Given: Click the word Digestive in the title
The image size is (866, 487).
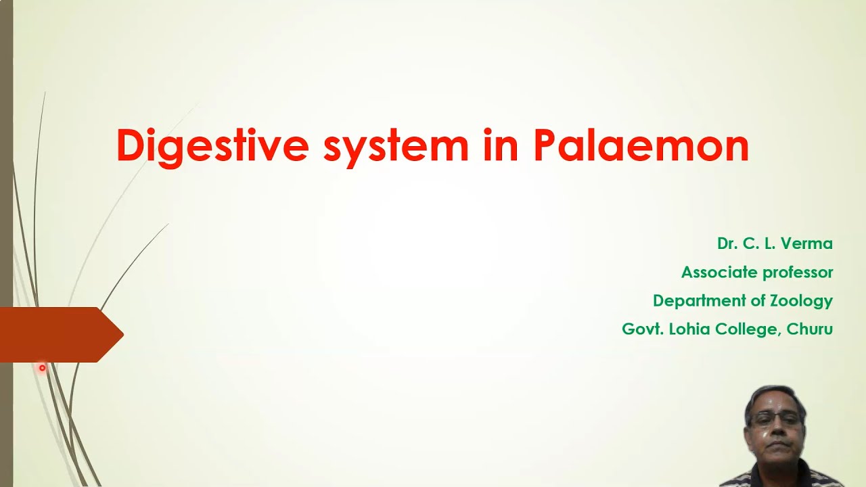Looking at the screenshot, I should tap(212, 146).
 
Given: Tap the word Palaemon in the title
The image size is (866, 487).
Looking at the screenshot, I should tap(641, 146).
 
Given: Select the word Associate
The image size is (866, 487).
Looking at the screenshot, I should tap(718, 272).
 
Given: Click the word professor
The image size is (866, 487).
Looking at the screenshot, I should tap(797, 273).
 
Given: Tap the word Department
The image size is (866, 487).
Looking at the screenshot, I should tap(700, 300).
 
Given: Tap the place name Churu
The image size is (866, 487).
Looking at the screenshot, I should tap(810, 329).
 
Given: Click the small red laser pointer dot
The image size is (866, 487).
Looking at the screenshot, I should tap(42, 368).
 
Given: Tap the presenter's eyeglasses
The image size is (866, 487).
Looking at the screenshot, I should tap(775, 420).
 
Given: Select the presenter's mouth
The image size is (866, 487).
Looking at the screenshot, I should tap(776, 446).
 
